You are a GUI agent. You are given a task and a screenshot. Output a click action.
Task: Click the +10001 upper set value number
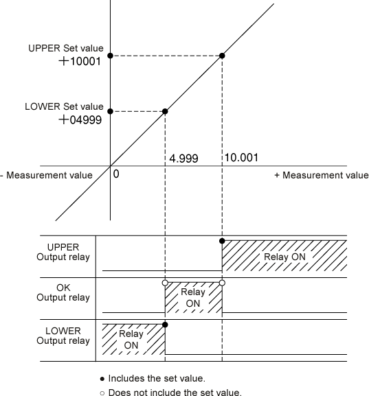80,61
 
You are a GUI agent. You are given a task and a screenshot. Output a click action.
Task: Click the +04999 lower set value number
80,119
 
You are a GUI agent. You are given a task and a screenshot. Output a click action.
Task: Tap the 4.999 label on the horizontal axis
183,159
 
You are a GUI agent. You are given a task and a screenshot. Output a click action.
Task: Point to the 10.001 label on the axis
241,158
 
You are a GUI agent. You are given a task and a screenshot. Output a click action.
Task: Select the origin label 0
116,174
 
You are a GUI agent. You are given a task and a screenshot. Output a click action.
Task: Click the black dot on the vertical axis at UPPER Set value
110,56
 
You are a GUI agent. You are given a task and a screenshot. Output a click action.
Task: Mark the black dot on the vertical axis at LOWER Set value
110,111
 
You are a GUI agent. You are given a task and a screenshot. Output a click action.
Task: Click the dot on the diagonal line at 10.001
222,56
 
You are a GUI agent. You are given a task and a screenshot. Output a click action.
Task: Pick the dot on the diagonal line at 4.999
165,111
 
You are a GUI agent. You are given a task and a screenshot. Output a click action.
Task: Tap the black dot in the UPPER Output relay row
222,241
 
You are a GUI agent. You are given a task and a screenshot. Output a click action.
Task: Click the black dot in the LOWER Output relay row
165,325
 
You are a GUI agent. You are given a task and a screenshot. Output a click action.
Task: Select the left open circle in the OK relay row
165,283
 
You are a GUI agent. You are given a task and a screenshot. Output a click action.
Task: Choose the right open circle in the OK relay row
222,283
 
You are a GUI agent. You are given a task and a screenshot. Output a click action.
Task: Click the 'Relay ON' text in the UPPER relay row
284,257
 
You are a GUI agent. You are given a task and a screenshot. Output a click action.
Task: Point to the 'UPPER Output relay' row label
63,252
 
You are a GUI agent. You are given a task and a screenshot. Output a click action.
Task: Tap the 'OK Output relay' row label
63,292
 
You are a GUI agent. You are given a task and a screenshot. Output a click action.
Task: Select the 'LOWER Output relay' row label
63,336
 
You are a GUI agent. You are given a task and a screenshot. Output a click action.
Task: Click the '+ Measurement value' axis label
322,175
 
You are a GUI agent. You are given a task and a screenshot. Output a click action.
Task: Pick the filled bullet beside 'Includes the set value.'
102,379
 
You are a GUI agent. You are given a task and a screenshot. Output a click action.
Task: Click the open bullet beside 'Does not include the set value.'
102,393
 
